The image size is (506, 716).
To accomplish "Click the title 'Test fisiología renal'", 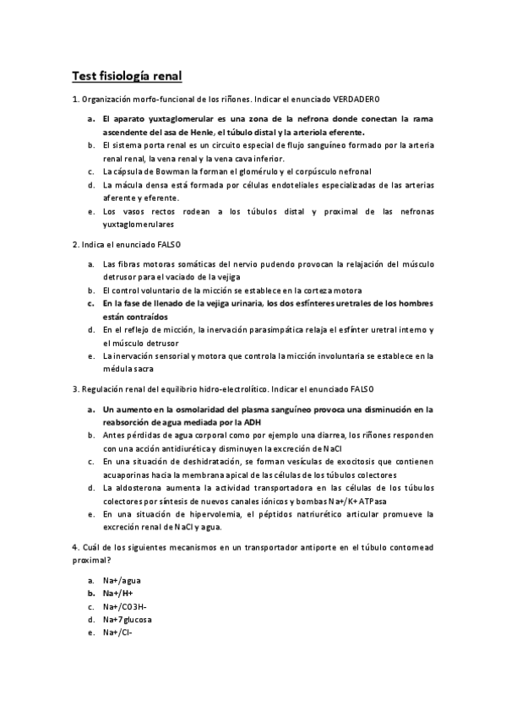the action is pyautogui.click(x=127, y=77).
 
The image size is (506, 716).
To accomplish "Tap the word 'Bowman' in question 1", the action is pyautogui.click(x=163, y=171).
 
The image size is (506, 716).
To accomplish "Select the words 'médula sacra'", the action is pyautogui.click(x=129, y=368).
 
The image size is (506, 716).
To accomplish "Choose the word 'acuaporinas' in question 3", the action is pyautogui.click(x=128, y=475).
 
